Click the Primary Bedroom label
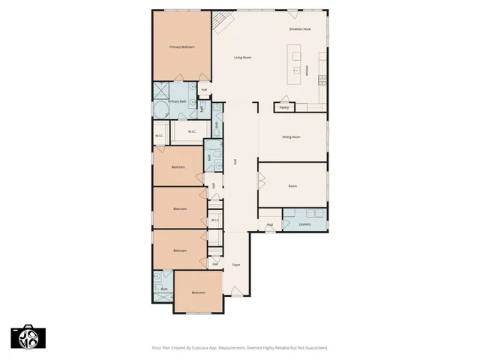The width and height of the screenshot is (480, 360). [182, 47]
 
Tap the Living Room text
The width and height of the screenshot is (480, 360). [241, 58]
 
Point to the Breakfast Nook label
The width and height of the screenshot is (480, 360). [300, 29]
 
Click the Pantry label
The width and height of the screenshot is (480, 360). [284, 108]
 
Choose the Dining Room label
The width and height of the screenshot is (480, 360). [291, 136]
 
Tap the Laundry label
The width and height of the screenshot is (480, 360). [304, 224]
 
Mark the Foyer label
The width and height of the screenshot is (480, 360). [235, 265]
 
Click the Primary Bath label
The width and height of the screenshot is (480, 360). [177, 101]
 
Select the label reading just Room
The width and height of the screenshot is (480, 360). [292, 186]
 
